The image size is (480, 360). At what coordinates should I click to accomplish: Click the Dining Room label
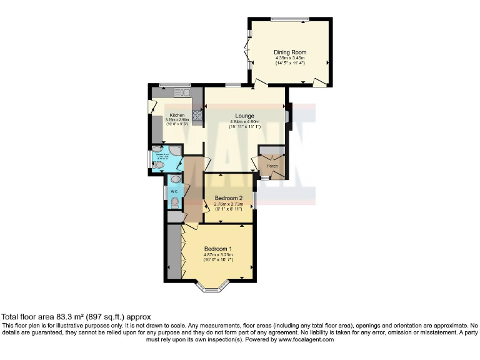click(x=290, y=52)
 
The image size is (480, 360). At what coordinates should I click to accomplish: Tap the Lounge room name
click(x=244, y=116)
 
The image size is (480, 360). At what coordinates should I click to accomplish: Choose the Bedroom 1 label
click(x=217, y=249)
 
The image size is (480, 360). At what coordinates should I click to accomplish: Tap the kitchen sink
click(x=185, y=93)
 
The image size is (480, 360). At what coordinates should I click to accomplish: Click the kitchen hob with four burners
click(x=196, y=114)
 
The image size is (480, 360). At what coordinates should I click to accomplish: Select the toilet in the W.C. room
click(x=174, y=202)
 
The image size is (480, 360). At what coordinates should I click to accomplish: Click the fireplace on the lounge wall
click(x=287, y=116)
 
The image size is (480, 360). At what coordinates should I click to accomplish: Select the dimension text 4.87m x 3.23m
click(x=217, y=254)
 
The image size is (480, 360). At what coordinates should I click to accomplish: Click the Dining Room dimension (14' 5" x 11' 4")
click(x=290, y=63)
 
